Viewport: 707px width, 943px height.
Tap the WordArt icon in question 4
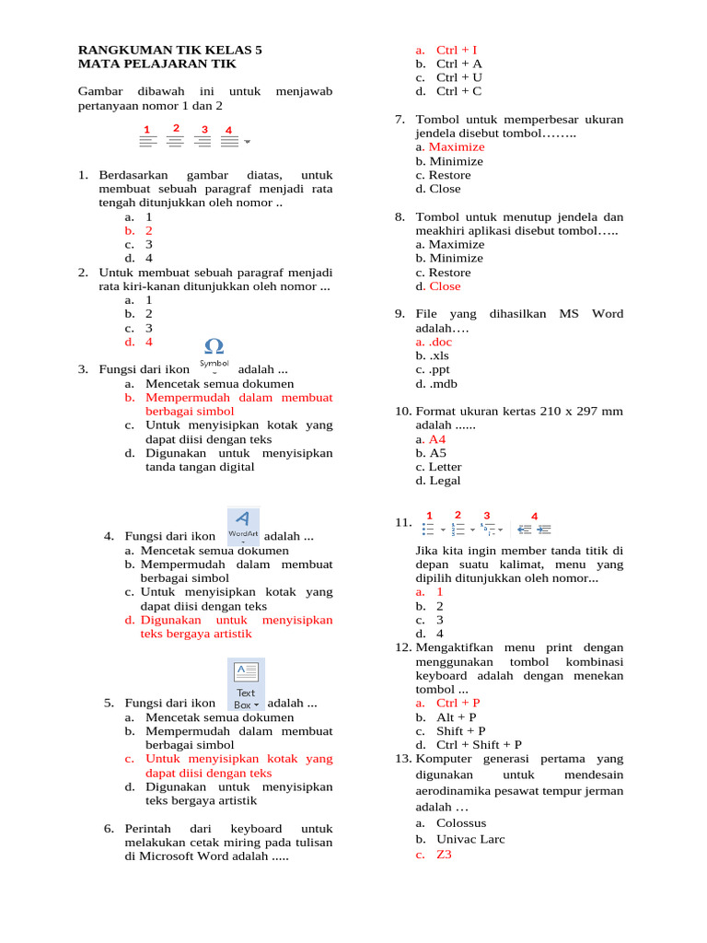(243, 523)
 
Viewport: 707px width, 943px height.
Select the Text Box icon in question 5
(246, 683)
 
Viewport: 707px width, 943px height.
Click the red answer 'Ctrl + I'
(457, 50)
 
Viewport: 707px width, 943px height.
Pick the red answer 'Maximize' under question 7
(457, 147)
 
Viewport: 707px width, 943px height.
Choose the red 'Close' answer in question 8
(445, 286)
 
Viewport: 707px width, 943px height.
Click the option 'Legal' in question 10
(445, 481)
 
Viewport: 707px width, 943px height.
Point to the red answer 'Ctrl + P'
(458, 703)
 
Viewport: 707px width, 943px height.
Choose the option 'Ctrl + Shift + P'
(479, 745)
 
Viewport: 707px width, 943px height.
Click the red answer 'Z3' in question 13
(444, 855)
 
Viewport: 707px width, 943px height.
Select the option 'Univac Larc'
(470, 839)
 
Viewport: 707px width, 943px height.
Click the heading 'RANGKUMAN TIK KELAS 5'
(170, 50)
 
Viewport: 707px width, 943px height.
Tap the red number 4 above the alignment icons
(228, 130)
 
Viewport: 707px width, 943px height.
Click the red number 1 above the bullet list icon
(428, 516)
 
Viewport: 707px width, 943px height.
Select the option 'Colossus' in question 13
(461, 823)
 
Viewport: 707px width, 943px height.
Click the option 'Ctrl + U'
(459, 78)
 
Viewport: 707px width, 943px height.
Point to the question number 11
(403, 522)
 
